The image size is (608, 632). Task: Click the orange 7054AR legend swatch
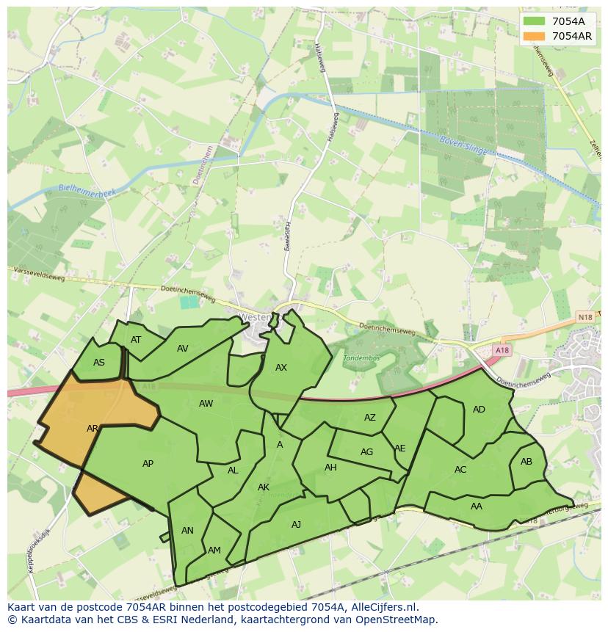(535, 36)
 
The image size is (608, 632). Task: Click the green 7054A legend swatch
(535, 21)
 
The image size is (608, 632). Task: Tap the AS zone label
(99, 363)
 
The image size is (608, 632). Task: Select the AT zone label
(136, 340)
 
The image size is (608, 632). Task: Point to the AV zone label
(183, 349)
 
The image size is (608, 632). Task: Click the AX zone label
(281, 368)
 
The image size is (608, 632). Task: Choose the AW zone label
(206, 404)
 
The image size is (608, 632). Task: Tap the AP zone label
(148, 464)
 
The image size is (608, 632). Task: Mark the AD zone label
(479, 410)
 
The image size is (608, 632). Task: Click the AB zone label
(526, 462)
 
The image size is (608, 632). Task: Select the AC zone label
(460, 470)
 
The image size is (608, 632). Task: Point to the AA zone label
(477, 506)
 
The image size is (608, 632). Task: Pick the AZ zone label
(370, 418)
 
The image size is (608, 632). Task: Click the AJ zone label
(297, 525)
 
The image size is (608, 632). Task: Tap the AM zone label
(214, 551)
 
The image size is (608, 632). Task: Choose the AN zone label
(187, 531)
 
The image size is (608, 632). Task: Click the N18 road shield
(585, 317)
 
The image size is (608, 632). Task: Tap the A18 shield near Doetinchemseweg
(502, 351)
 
